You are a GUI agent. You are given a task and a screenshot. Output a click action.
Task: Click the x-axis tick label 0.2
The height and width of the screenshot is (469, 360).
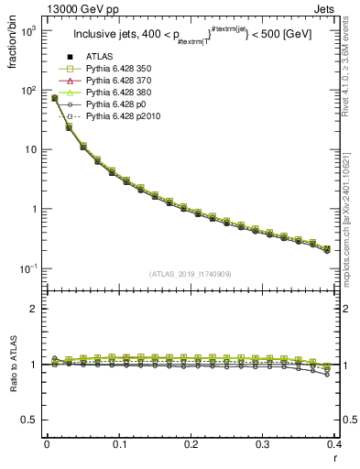pyautogui.click(x=191, y=442)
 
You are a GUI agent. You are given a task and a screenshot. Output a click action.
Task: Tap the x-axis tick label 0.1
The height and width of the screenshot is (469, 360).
pyautogui.click(x=119, y=442)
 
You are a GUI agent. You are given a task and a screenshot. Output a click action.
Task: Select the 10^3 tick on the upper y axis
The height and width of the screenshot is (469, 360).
pyautogui.click(x=31, y=31)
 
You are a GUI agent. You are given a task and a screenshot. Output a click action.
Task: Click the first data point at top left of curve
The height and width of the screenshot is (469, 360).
pyautogui.click(x=54, y=97)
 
